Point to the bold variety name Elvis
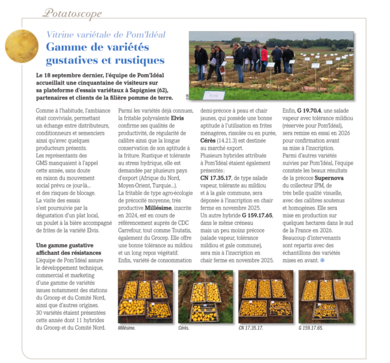pos(177,118)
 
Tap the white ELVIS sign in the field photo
pos(211,95)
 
